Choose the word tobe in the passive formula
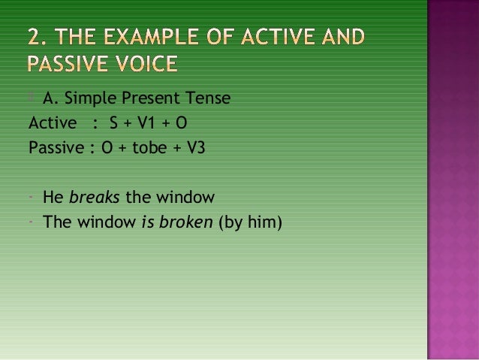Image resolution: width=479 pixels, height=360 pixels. point(146,147)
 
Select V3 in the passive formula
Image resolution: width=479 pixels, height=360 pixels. point(193,147)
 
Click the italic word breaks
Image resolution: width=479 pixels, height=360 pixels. point(93,198)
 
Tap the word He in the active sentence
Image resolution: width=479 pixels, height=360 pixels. point(53,198)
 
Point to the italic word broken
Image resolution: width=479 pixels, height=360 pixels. point(185,222)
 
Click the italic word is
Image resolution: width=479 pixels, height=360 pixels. point(146,222)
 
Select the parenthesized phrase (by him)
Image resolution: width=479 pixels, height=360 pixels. point(249,222)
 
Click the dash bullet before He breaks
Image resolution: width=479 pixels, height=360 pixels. point(32,198)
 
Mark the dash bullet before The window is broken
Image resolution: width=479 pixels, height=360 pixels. point(32,222)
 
